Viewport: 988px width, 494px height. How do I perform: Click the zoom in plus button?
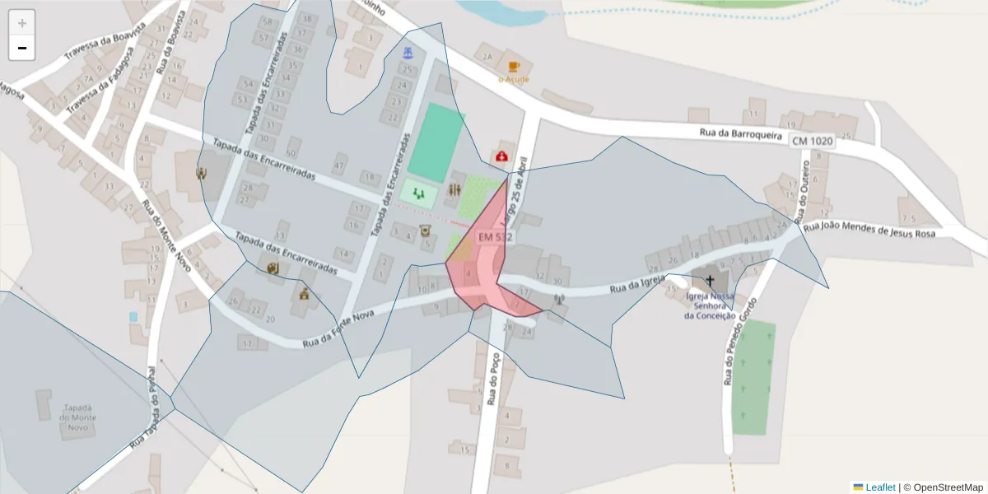coord(22,23)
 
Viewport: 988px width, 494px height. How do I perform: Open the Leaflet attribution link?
coord(879,487)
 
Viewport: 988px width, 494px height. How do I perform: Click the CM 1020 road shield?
coord(812,142)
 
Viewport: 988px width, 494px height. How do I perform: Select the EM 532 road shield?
coord(495,237)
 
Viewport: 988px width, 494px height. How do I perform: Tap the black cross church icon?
coord(710,281)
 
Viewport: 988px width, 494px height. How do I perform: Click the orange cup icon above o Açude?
coord(514,67)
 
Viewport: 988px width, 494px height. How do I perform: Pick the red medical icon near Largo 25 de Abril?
coord(501,156)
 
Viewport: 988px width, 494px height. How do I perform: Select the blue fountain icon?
coord(408,54)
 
